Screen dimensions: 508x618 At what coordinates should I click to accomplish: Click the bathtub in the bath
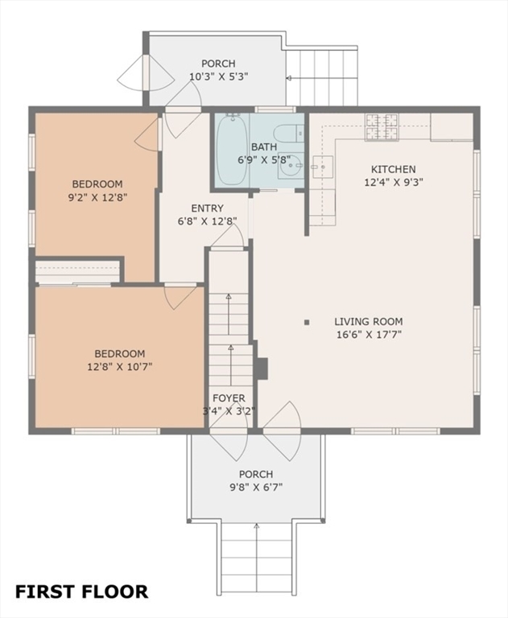pyautogui.click(x=232, y=150)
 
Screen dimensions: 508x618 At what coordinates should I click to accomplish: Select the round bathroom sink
pyautogui.click(x=291, y=166)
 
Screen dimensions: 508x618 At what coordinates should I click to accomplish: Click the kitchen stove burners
pyautogui.click(x=382, y=126)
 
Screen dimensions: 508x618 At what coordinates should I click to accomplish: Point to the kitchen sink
pyautogui.click(x=323, y=167)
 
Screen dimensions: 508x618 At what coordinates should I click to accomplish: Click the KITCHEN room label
pyautogui.click(x=393, y=170)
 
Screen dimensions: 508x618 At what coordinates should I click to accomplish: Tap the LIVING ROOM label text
pyautogui.click(x=369, y=322)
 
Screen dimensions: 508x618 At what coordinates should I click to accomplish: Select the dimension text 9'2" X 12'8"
pyautogui.click(x=97, y=197)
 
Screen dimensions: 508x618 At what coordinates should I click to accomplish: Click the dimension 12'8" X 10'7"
pyautogui.click(x=120, y=367)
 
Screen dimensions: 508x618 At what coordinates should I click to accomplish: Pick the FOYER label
pyautogui.click(x=229, y=398)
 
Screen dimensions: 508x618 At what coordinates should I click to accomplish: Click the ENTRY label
pyautogui.click(x=207, y=208)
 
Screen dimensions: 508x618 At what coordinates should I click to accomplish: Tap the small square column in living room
pyautogui.click(x=307, y=323)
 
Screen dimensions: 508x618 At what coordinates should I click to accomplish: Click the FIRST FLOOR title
pyautogui.click(x=81, y=592)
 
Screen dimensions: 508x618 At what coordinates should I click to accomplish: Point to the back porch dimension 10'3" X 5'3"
pyautogui.click(x=218, y=76)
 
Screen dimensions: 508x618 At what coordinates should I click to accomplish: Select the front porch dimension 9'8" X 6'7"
pyautogui.click(x=256, y=488)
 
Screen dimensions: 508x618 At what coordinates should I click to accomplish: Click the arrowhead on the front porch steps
pyautogui.click(x=257, y=525)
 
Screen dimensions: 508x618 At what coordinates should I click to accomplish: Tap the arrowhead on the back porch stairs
pyautogui.click(x=289, y=78)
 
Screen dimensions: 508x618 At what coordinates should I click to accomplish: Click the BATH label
pyautogui.click(x=264, y=147)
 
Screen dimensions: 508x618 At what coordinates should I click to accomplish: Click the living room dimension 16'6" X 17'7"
pyautogui.click(x=369, y=335)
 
